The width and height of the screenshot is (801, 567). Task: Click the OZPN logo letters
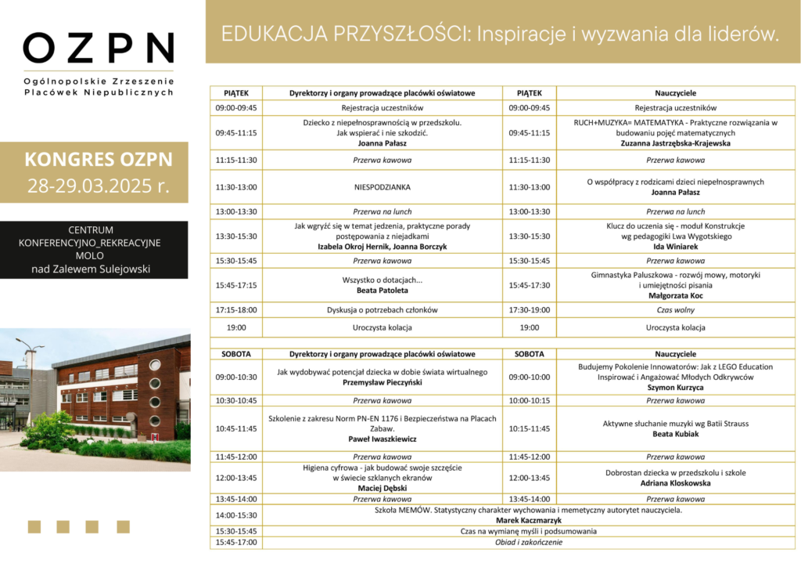pos(99,49)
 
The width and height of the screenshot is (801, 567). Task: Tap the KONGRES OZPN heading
pos(99,159)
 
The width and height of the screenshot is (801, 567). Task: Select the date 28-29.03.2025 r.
pos(99,186)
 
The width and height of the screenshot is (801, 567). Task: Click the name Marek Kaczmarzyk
pos(528,520)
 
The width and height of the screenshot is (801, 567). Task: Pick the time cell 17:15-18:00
pos(235,310)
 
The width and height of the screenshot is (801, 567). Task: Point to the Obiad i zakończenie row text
pos(528,542)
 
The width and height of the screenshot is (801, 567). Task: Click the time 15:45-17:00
pos(235,542)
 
